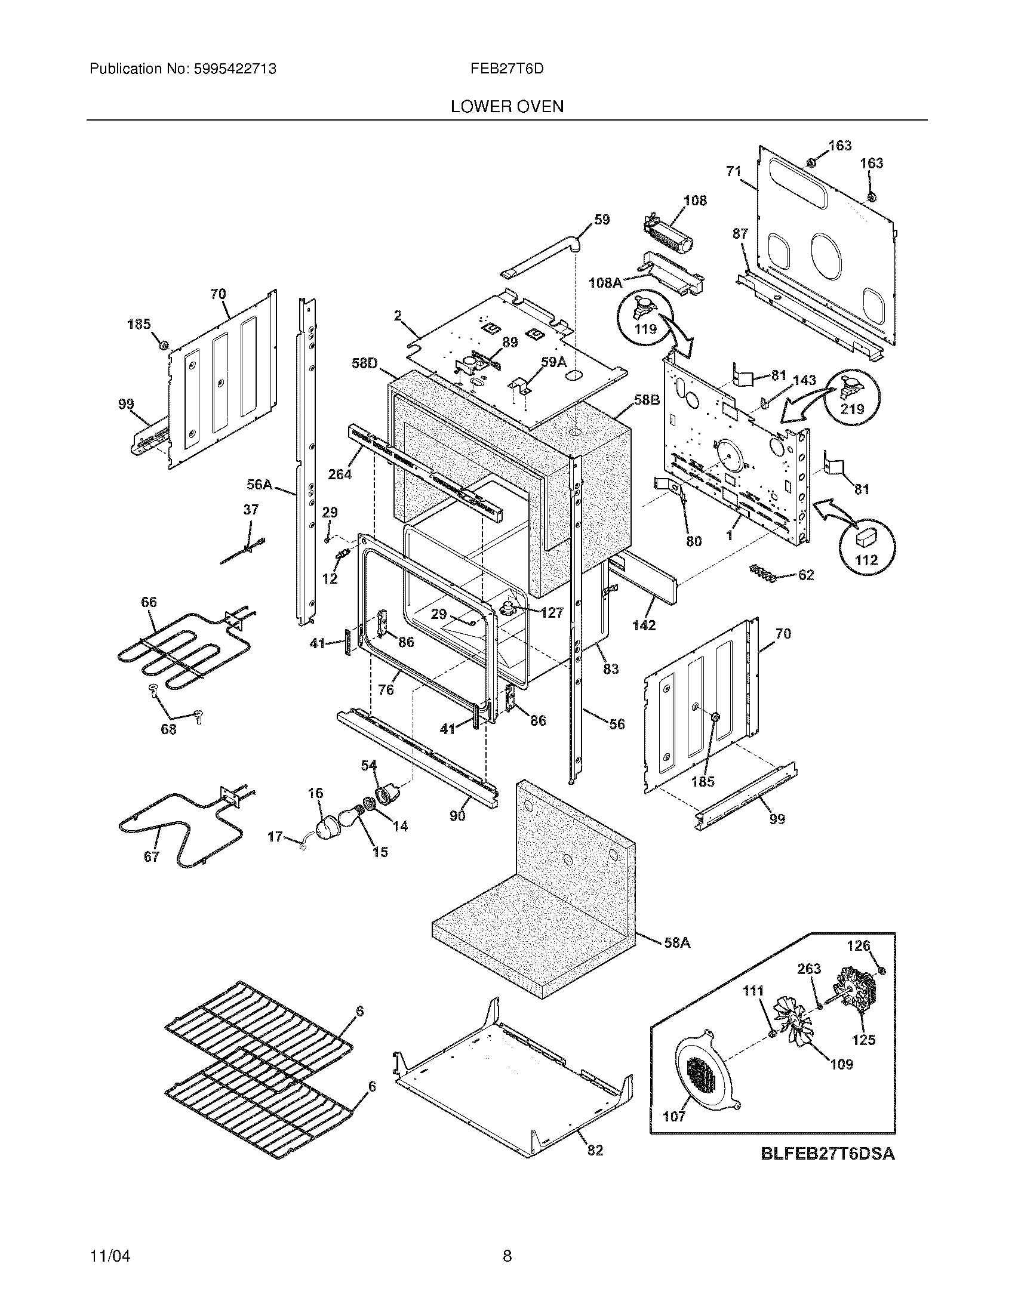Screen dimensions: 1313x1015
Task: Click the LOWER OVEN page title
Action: (x=507, y=107)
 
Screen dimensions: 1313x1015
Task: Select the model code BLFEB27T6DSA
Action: (x=828, y=1154)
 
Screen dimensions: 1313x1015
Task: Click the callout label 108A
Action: (x=605, y=282)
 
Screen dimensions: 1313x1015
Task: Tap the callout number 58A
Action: (x=676, y=943)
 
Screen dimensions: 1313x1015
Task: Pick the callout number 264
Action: (x=340, y=474)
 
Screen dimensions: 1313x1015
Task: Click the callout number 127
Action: (x=552, y=612)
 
